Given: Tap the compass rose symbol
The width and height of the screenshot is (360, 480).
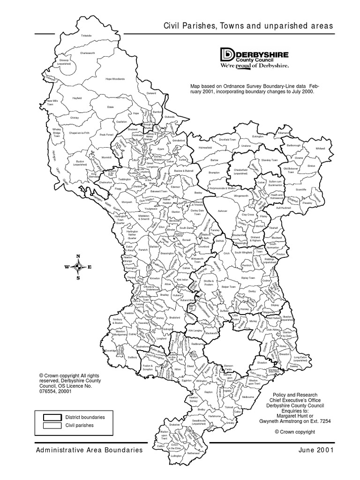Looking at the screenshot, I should [x=78, y=267].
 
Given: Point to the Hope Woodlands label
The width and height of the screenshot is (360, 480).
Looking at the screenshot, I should [x=115, y=79].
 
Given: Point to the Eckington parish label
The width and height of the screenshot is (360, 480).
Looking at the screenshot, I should [x=258, y=137].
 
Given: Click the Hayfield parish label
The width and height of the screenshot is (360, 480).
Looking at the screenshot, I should [x=76, y=98].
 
